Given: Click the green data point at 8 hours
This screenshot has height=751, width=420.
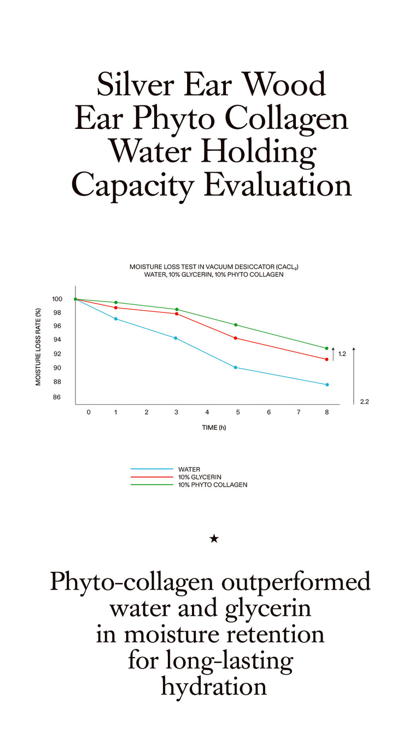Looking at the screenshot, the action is tap(326, 348).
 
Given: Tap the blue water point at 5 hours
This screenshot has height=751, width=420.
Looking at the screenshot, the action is tap(235, 368).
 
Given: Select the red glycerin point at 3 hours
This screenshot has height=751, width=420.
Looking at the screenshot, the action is tap(177, 314).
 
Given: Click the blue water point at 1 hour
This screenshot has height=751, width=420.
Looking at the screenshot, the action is tap(116, 319).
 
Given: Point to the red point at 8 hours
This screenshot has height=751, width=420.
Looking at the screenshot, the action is tap(326, 359).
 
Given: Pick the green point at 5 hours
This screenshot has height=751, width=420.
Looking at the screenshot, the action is tap(236, 325).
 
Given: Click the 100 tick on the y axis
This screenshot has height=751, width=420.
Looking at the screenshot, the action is tap(57, 299).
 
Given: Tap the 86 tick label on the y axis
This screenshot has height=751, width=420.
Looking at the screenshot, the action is tap(57, 397).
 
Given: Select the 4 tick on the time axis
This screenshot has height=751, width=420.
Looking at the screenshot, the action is tap(207, 412).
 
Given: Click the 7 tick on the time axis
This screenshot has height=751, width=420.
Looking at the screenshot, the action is tap(299, 412).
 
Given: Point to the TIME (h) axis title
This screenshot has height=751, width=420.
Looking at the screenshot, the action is tap(214, 428).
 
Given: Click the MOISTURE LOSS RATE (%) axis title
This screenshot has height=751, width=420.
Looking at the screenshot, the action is tap(38, 347).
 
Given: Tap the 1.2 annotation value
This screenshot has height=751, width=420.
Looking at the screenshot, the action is tap(342, 354).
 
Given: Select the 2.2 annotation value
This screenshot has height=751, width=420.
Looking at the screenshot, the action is tap(365, 401).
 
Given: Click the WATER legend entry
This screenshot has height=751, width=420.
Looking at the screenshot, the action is tap(189, 469).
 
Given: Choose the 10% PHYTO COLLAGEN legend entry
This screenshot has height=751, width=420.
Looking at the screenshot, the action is tap(213, 485).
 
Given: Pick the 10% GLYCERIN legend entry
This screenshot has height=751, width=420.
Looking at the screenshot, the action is tap(200, 477).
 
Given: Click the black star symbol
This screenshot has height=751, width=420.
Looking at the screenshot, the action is tap(214, 539).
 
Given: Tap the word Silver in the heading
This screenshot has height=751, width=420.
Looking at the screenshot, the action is tap(135, 84).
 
